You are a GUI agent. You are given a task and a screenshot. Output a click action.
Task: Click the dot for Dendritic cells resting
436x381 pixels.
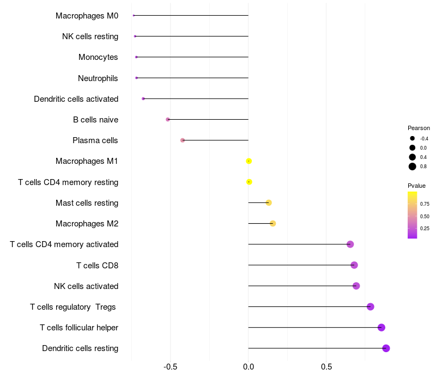(386, 348)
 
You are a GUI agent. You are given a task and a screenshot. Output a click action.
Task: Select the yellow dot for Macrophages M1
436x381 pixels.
(249, 161)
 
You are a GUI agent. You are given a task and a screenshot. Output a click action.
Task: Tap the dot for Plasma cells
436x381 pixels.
(183, 140)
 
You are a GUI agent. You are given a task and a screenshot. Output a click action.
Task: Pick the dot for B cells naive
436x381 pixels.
(168, 119)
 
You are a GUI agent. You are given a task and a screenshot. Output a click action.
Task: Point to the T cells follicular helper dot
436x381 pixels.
(381, 328)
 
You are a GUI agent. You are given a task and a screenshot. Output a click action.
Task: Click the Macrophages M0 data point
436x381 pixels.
(134, 16)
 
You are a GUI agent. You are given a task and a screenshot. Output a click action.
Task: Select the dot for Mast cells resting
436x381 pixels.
(269, 203)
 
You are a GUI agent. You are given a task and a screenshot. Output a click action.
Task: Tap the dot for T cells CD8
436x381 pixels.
(354, 265)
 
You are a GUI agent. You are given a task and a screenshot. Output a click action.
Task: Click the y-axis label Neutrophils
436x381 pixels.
(98, 78)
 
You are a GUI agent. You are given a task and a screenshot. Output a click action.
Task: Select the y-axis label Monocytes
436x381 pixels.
(98, 57)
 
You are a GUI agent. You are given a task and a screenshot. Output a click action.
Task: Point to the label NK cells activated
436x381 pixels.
(86, 286)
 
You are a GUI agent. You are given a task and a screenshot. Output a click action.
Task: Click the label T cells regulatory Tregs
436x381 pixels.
(73, 307)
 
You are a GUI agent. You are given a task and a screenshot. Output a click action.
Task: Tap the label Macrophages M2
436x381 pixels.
(87, 224)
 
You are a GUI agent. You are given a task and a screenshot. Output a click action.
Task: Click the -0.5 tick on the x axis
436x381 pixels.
(170, 367)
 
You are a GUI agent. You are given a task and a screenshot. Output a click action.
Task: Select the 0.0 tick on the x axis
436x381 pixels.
(249, 367)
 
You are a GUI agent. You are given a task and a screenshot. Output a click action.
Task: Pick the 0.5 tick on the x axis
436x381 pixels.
(326, 367)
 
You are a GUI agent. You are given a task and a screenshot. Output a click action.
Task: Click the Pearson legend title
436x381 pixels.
(419, 128)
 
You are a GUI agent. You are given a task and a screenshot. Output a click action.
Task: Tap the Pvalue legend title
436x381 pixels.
(416, 186)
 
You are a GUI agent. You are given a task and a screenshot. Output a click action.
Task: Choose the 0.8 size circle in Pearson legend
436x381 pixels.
(413, 167)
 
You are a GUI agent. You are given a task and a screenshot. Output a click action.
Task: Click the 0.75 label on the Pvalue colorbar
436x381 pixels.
(425, 204)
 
